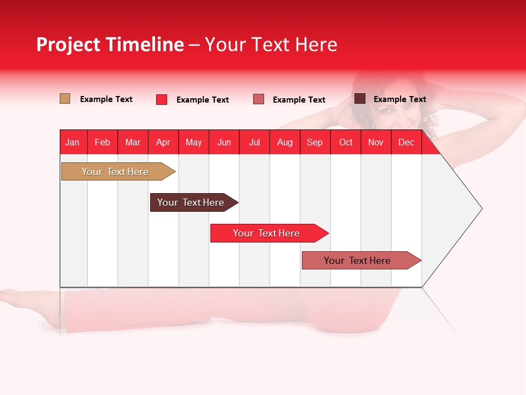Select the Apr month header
click(163, 142)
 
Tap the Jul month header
click(254, 142)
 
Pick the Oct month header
click(346, 142)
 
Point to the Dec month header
click(406, 142)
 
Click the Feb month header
click(102, 142)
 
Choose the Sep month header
click(315, 142)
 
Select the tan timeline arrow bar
click(118, 171)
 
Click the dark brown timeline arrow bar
click(194, 202)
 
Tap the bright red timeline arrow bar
click(270, 233)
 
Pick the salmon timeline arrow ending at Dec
click(362, 260)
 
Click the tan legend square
click(65, 99)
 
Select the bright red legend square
click(161, 99)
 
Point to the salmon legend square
click(258, 99)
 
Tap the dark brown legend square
click(360, 98)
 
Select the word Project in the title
click(68, 44)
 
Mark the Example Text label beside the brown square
click(400, 99)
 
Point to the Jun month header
click(224, 142)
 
